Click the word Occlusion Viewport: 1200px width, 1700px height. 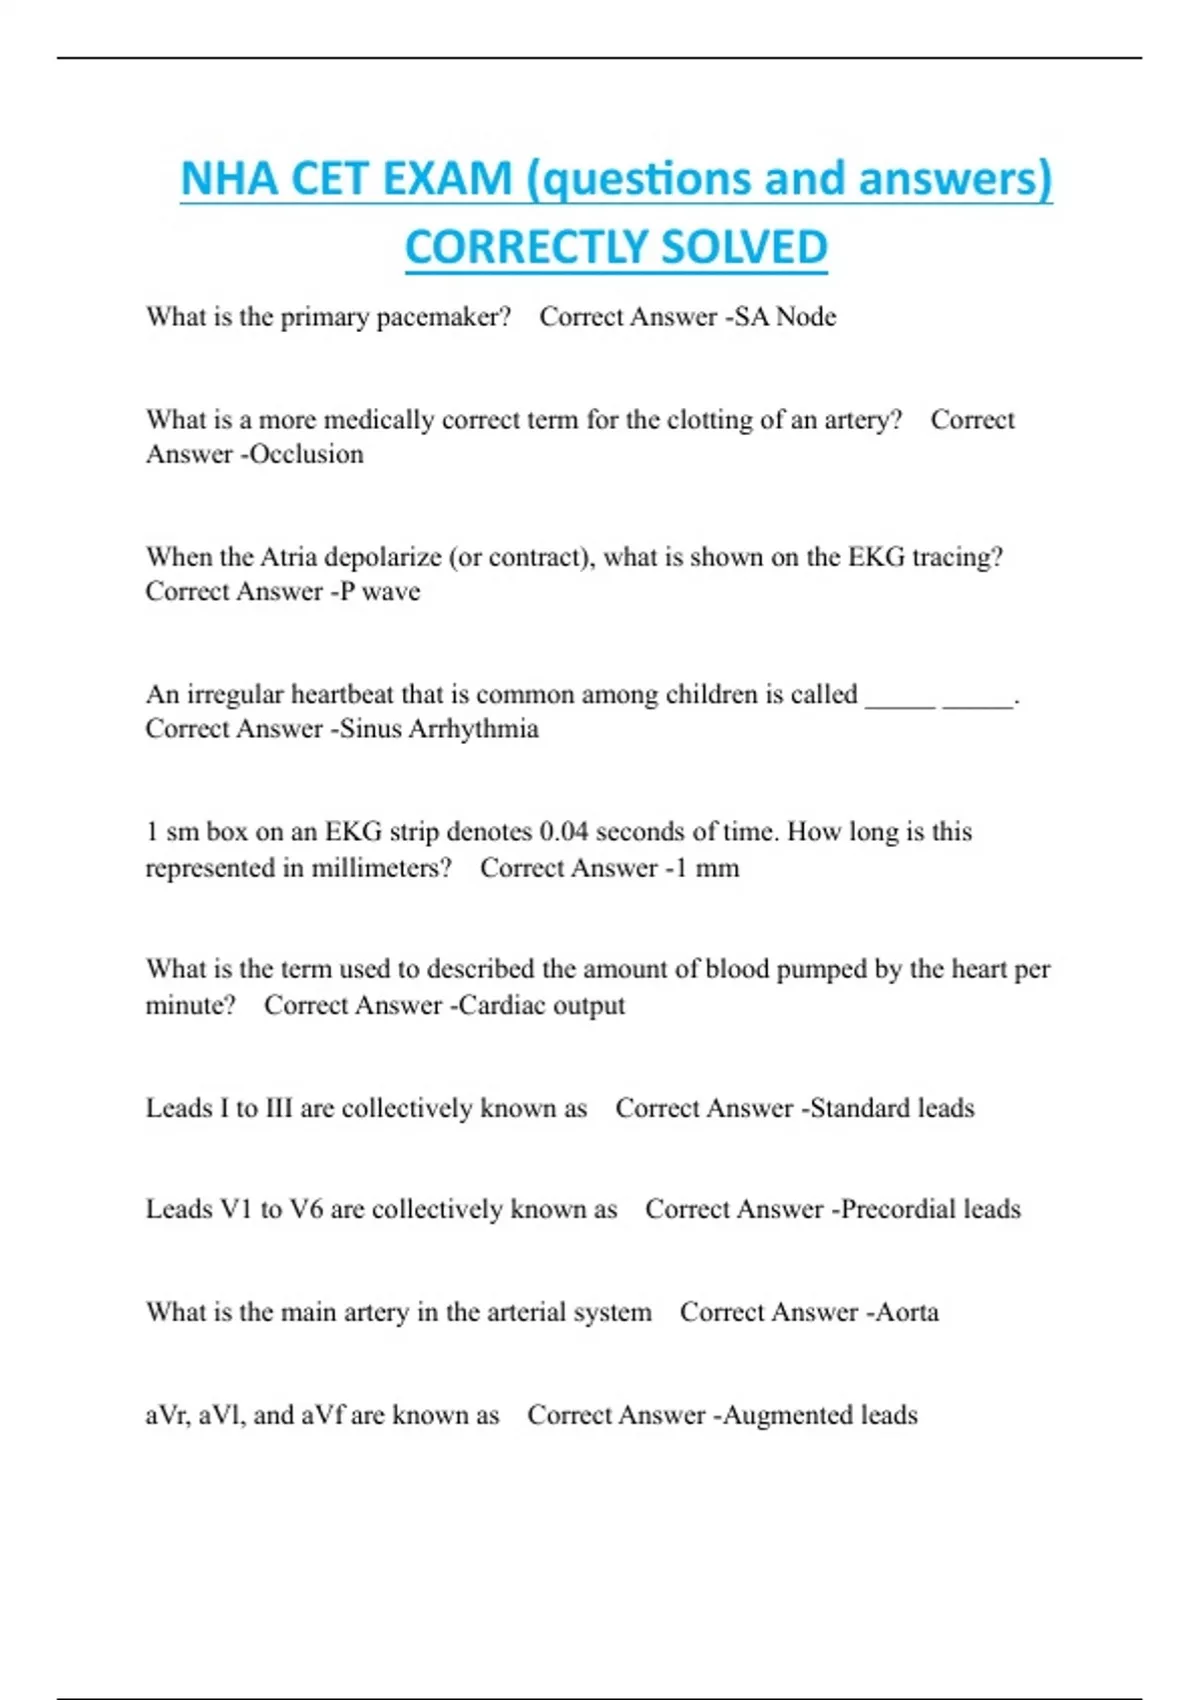[x=306, y=454]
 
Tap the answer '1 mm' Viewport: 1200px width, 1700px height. [x=706, y=867]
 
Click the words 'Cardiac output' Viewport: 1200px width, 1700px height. [x=541, y=1005]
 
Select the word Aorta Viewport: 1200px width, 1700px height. [x=907, y=1312]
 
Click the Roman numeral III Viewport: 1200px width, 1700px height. [x=279, y=1108]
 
